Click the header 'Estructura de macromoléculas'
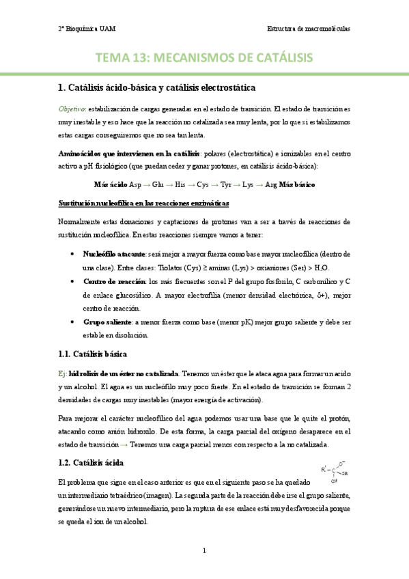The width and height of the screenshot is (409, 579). (x=309, y=29)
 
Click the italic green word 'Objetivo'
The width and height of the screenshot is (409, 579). (x=71, y=109)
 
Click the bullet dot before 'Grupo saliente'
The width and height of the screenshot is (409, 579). (x=73, y=321)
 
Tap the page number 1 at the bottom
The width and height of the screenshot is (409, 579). (x=204, y=550)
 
